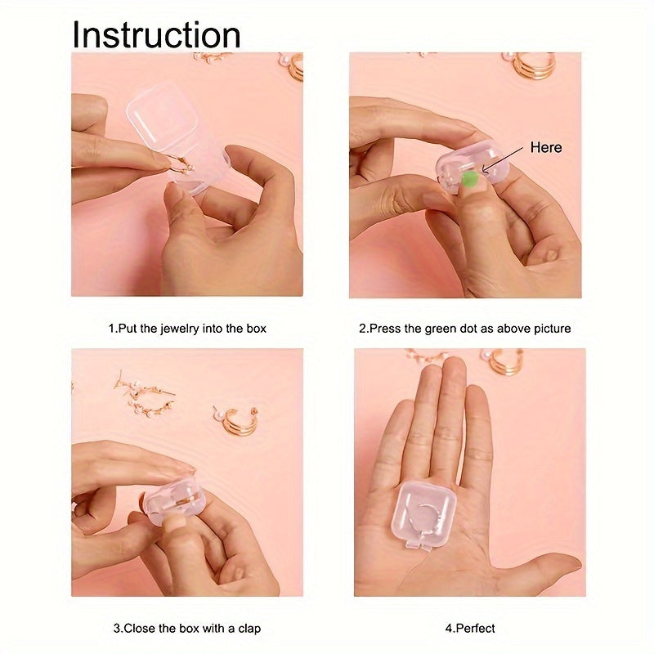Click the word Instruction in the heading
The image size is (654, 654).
pos(156,35)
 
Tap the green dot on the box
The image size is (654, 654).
pos(470,180)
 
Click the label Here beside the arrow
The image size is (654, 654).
pos(546,147)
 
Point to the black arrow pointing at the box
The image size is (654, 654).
pos(502,159)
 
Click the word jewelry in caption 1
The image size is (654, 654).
pos(180,329)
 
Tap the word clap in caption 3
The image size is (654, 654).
pos(249,629)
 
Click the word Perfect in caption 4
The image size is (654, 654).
pos(476,628)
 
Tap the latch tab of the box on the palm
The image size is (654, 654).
pos(419,544)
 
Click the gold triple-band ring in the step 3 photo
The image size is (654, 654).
pos(236,420)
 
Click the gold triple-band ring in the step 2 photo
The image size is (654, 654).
pos(531,65)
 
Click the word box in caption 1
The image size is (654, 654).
pos(256,329)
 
